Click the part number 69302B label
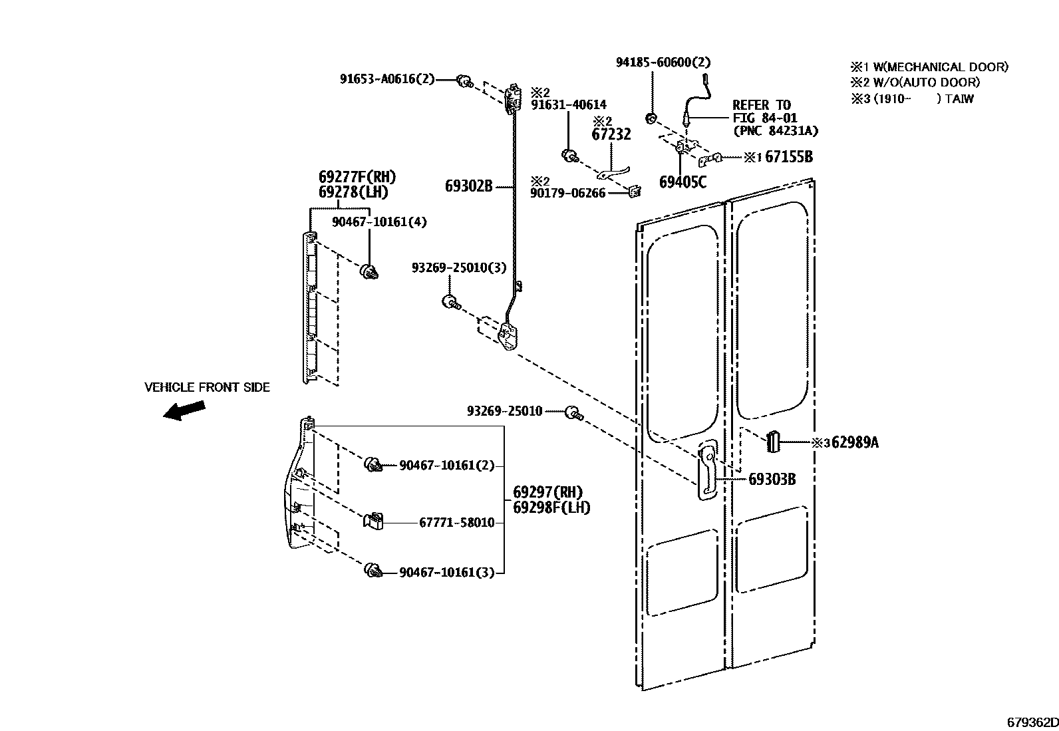[468, 186]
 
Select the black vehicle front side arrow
[184, 410]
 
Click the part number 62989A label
[855, 443]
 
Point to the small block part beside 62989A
[772, 441]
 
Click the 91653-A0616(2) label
[387, 79]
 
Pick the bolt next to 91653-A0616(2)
[464, 82]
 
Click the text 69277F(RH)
[357, 177]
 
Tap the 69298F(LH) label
[551, 508]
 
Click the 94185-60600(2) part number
[663, 63]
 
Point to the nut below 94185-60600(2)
[652, 119]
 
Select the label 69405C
[682, 182]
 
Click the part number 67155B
[788, 157]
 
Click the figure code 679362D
[1031, 722]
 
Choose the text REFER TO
[761, 105]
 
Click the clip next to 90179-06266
[634, 192]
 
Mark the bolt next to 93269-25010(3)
[450, 302]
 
